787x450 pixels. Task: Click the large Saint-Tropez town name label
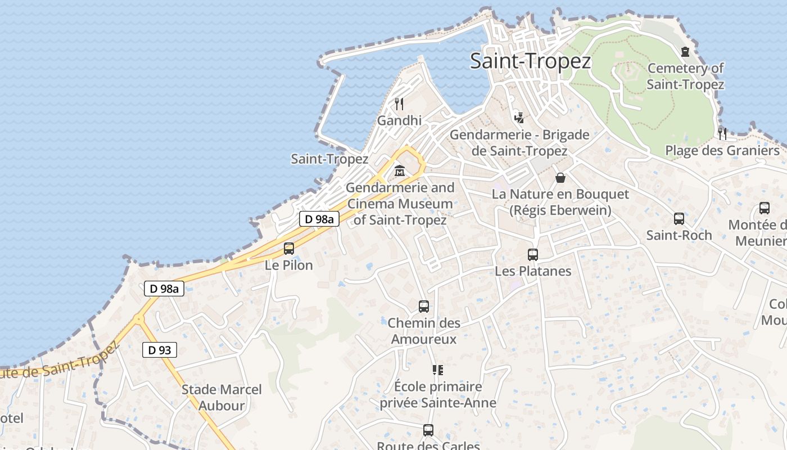click(x=530, y=61)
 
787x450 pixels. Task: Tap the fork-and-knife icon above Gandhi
click(x=399, y=103)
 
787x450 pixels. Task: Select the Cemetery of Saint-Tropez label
click(x=685, y=76)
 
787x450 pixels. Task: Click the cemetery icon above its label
click(x=685, y=52)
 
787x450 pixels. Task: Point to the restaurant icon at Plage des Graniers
click(x=722, y=133)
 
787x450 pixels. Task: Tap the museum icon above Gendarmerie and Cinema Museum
click(x=400, y=170)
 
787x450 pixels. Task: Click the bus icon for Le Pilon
click(x=289, y=248)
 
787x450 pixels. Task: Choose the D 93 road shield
click(x=160, y=350)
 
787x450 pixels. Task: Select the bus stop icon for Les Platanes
click(x=533, y=254)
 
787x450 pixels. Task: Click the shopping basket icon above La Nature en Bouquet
click(x=560, y=178)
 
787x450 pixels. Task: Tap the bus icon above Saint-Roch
click(x=679, y=219)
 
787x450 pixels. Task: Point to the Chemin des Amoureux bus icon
click(x=424, y=307)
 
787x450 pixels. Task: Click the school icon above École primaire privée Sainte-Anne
click(x=437, y=370)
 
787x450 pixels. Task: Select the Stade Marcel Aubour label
click(x=221, y=397)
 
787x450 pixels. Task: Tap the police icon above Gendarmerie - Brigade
click(x=519, y=118)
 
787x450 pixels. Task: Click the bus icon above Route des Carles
click(x=428, y=430)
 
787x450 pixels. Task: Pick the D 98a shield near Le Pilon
click(x=319, y=219)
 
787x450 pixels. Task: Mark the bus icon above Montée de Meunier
click(x=765, y=208)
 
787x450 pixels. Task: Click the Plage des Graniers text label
click(x=722, y=151)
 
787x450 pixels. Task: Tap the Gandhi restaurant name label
click(x=399, y=120)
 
